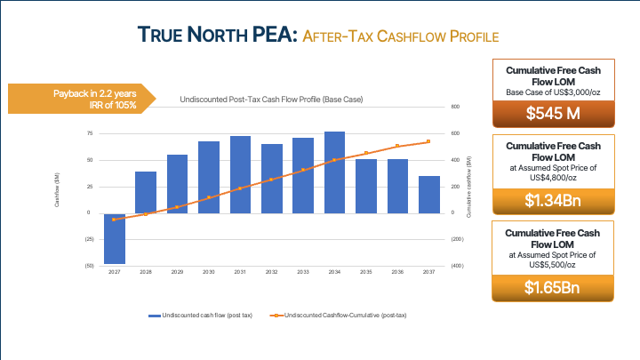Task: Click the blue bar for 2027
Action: coord(114,237)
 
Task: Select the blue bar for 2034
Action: coord(334,172)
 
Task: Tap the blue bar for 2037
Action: coord(429,194)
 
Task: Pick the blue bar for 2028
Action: coord(146,192)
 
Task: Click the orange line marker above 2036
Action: coord(397,147)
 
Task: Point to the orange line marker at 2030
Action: coord(209,197)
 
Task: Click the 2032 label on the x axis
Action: coord(271,271)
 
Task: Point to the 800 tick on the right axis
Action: coord(454,107)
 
